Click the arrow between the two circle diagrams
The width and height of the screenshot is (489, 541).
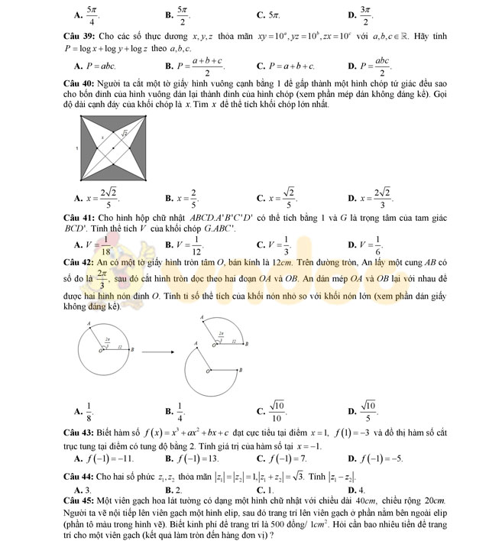tap(157, 352)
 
